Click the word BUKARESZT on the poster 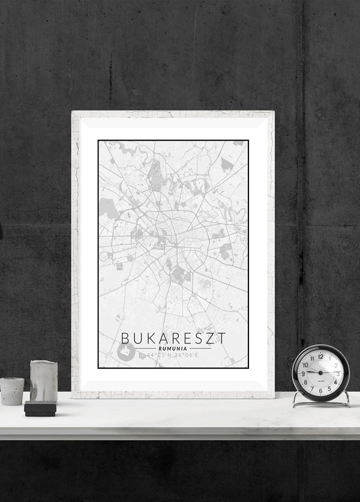tap(173, 338)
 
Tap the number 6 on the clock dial tap(320, 390)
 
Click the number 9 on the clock tap(304, 373)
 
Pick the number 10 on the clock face tap(305, 364)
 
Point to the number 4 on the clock tap(335, 381)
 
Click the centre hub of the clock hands tap(320, 373)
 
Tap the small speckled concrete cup tap(11, 391)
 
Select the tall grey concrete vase tap(43, 381)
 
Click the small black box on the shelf tap(40, 409)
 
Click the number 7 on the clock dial tap(312, 388)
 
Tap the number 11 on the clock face tap(311, 358)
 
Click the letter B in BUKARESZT tap(125, 338)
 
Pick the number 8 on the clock tap(306, 382)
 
